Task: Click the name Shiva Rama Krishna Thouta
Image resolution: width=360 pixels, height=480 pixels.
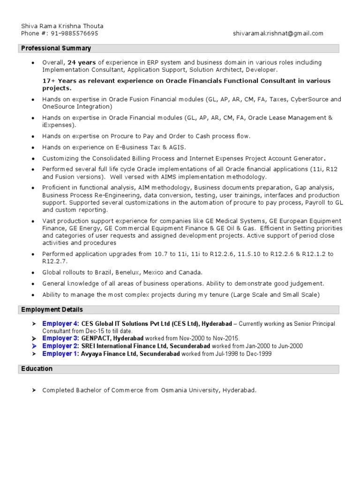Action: point(62,26)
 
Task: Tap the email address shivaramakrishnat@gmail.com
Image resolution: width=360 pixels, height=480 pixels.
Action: point(278,33)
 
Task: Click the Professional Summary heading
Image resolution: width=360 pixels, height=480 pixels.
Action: point(56,48)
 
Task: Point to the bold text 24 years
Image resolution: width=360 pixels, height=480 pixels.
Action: point(82,62)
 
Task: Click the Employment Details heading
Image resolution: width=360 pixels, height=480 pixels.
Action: point(52,310)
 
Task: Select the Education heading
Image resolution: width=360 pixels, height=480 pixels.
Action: point(37,369)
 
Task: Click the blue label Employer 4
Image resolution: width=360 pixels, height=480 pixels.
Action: point(60,324)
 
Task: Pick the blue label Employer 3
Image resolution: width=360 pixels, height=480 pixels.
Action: point(60,338)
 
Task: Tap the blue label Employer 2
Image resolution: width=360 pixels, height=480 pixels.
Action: point(60,346)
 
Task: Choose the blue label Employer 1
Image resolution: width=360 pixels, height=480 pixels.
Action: point(60,354)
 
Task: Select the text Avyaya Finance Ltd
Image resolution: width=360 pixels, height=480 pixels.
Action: point(107,354)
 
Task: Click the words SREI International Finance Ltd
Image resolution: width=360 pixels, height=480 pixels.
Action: point(124,346)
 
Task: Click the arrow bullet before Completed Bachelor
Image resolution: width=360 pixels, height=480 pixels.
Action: point(33,390)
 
